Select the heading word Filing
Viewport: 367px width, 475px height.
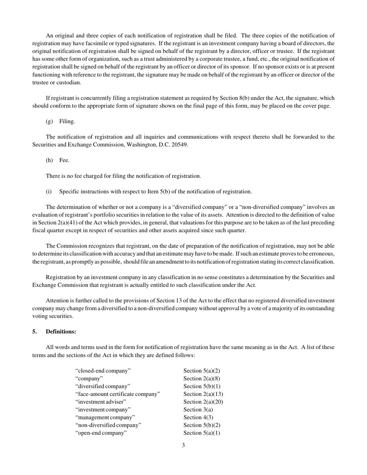67,122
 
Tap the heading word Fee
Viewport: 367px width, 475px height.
64,160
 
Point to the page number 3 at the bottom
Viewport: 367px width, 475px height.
183,445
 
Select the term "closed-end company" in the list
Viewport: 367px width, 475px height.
103,371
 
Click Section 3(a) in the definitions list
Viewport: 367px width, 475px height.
198,410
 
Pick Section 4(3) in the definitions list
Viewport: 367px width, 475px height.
198,417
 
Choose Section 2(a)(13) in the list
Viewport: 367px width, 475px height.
203,394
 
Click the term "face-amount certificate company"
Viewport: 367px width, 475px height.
118,394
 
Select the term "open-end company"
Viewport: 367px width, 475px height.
101,433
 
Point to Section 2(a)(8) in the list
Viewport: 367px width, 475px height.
202,379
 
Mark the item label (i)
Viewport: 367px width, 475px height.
49,192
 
